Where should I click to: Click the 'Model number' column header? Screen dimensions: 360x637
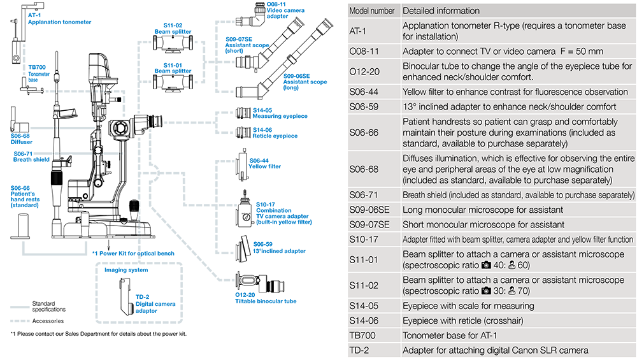click(373, 11)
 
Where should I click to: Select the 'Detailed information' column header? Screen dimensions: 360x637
click(441, 11)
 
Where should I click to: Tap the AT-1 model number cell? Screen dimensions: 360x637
click(359, 31)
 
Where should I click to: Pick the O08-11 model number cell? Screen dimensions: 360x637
click(364, 51)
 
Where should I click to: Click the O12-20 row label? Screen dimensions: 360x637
click(364, 71)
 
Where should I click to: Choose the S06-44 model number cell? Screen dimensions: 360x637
click(364, 92)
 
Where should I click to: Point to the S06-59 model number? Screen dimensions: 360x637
click(364, 106)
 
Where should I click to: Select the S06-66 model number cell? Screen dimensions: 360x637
click(364, 133)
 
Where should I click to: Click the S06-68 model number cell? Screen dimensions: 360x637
click(364, 169)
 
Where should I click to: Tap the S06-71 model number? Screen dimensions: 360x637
click(364, 195)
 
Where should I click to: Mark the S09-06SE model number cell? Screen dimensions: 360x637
click(369, 210)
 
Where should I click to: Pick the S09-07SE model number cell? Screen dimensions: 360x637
click(369, 224)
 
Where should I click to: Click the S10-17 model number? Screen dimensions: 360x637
click(364, 240)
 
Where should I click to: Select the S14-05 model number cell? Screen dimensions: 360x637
click(364, 306)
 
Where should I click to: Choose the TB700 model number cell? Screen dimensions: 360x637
click(363, 335)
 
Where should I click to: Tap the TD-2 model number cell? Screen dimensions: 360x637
click(360, 350)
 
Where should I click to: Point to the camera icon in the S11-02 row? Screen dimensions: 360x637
click(487, 291)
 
